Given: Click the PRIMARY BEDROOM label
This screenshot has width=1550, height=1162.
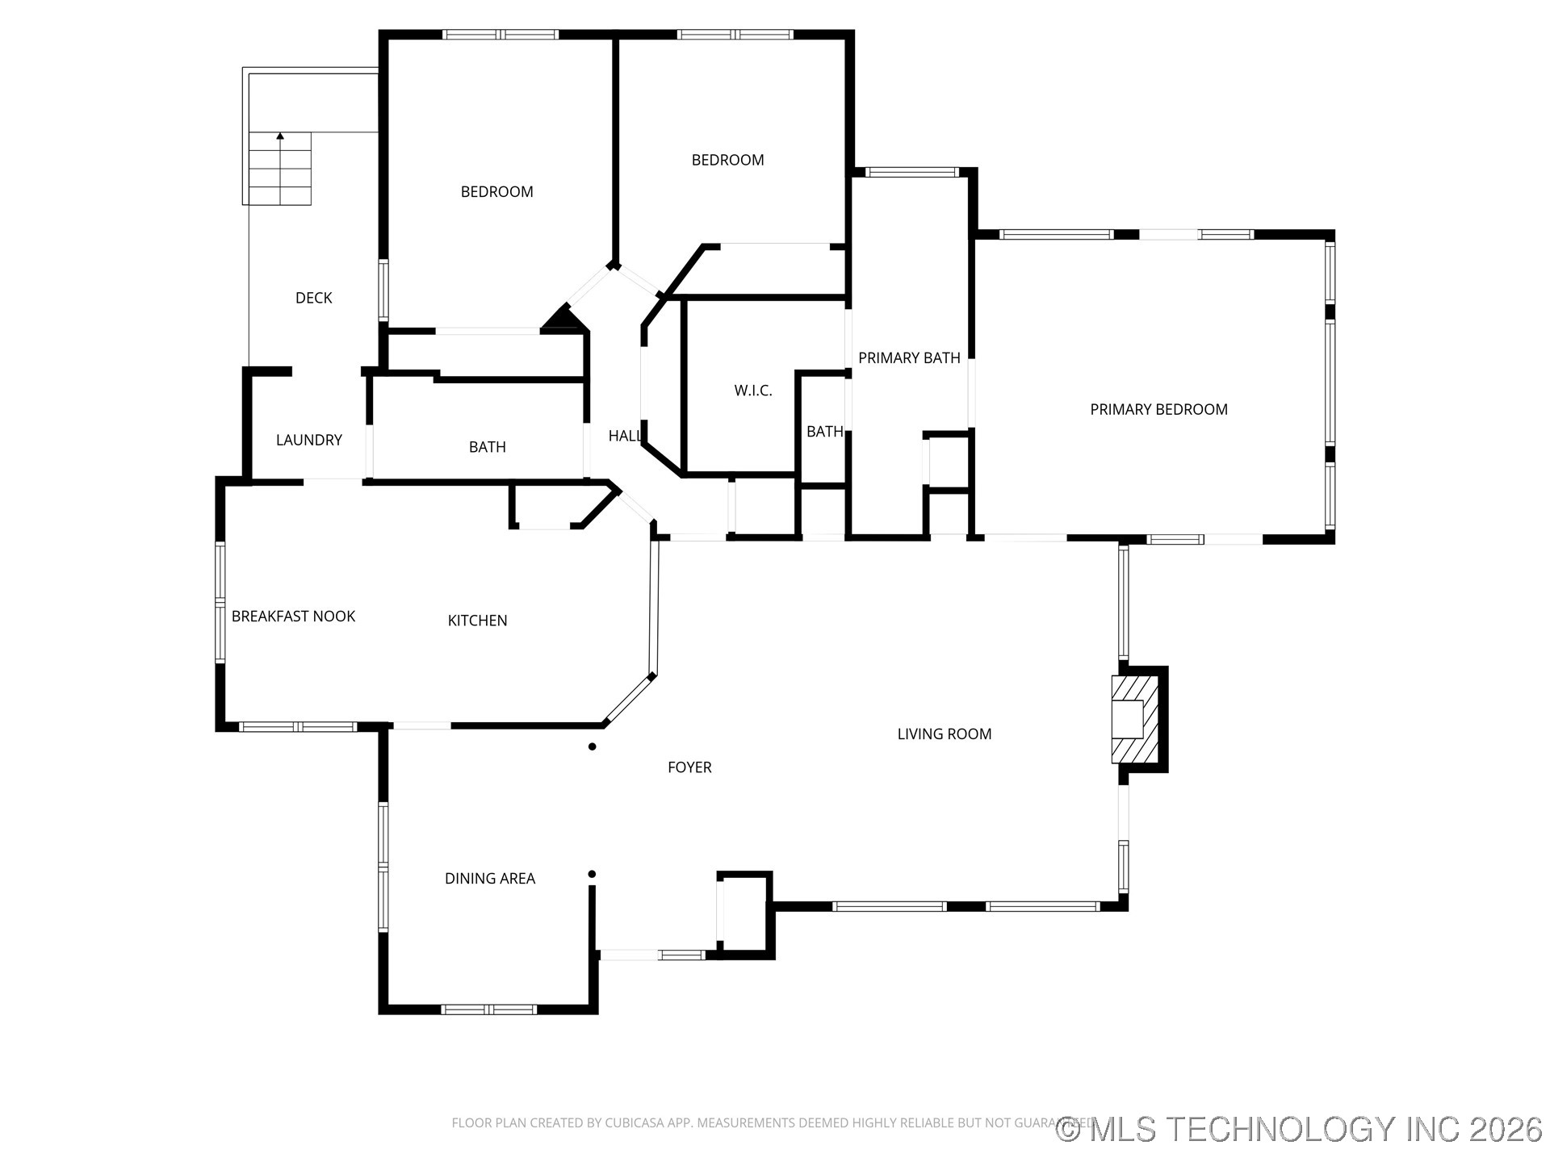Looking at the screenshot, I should pos(1158,409).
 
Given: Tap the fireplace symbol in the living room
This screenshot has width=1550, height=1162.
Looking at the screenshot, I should pos(1136,718).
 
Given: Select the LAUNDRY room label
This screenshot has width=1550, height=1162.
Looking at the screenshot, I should pos(309,440).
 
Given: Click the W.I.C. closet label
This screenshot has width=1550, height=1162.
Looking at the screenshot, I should pos(753,391).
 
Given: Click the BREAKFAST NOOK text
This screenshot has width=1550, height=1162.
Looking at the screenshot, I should pos(293,617).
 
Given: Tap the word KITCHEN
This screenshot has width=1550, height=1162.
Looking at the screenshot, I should pos(477,621).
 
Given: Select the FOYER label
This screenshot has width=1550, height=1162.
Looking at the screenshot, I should pos(689,767).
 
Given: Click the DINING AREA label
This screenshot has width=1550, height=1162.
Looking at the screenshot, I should pos(490,879).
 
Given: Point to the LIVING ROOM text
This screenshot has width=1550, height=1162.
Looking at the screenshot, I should pos(945,734).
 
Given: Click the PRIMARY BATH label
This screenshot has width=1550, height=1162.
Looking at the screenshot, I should pos(909,358).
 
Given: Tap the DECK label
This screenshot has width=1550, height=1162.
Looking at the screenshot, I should pos(313,298).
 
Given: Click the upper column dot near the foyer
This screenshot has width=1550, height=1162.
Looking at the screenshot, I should pos(593,747).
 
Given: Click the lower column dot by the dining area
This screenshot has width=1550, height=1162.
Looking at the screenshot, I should pos(592,874).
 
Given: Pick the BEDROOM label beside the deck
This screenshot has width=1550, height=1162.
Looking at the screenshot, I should pos(496,192).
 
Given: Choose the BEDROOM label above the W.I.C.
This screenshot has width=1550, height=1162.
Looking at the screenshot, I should pos(727,160).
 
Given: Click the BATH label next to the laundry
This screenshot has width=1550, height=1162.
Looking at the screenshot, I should pos(487,447).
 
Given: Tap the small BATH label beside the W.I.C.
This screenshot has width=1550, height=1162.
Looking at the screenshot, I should pos(824,432).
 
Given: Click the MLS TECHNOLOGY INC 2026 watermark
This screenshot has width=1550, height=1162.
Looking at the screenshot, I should pos(1300,1129).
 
